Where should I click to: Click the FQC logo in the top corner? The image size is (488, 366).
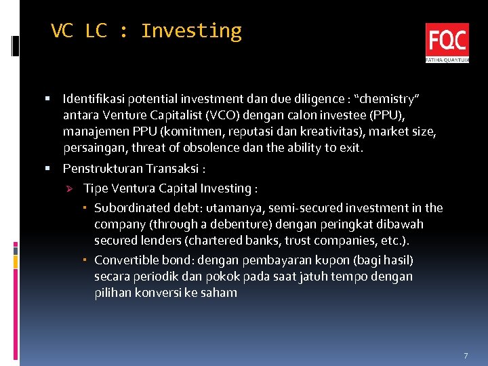[x=447, y=42]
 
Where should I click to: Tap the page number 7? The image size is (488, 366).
[x=466, y=356]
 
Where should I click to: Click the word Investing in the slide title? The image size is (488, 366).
[x=191, y=31]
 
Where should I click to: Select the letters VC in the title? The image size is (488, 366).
[x=62, y=31]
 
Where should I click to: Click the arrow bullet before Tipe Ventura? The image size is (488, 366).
[x=68, y=188]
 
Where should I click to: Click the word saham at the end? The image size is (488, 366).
[x=221, y=293]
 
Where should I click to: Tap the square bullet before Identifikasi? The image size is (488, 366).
[x=49, y=99]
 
